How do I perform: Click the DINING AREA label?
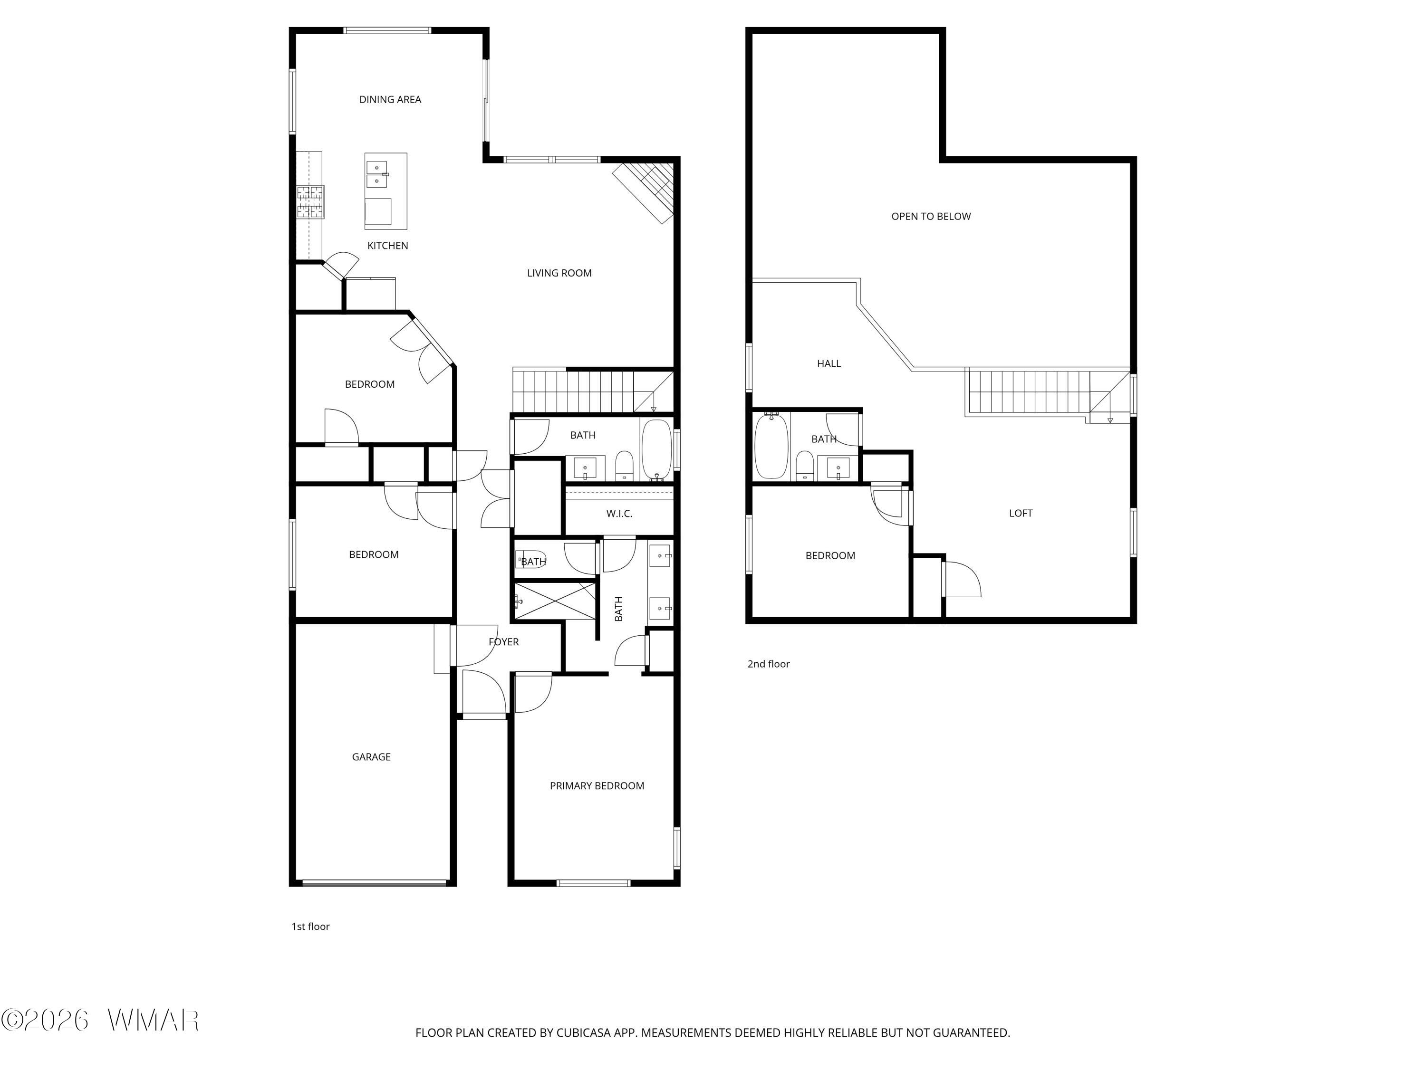coord(390,99)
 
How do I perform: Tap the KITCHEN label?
coord(387,246)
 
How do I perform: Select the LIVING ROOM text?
coord(559,273)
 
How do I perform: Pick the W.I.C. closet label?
coord(619,514)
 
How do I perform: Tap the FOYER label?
coord(503,642)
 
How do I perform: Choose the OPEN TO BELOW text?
coord(931,217)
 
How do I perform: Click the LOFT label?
coord(1021,514)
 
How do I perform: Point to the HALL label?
coord(829,364)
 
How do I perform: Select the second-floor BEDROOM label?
coord(830,556)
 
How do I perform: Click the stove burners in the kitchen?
coord(310,202)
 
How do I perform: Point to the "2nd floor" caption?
coord(769,664)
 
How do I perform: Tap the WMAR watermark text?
coord(154,1020)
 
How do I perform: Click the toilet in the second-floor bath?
coord(805,466)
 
